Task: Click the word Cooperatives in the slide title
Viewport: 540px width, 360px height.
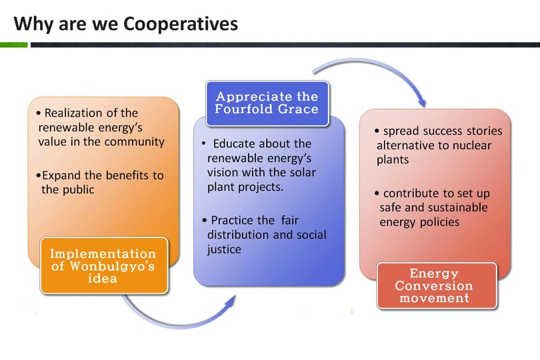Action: [181, 24]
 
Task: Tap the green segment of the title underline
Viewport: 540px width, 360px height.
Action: [14, 45]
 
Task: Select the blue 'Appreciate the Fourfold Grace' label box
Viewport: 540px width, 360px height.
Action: [267, 103]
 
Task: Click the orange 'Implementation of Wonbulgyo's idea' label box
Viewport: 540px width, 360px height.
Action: [104, 265]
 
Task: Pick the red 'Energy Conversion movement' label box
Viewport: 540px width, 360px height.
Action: [437, 285]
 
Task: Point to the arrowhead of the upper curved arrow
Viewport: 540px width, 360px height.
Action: [422, 102]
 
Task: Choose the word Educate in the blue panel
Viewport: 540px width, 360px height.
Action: [234, 143]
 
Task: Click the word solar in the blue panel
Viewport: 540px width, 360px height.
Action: [303, 172]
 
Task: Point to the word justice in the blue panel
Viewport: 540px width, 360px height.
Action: [224, 249]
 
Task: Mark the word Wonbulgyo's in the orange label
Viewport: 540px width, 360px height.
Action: [112, 266]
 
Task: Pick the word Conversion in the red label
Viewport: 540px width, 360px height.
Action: [434, 285]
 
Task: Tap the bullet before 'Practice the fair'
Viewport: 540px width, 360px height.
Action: [205, 221]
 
